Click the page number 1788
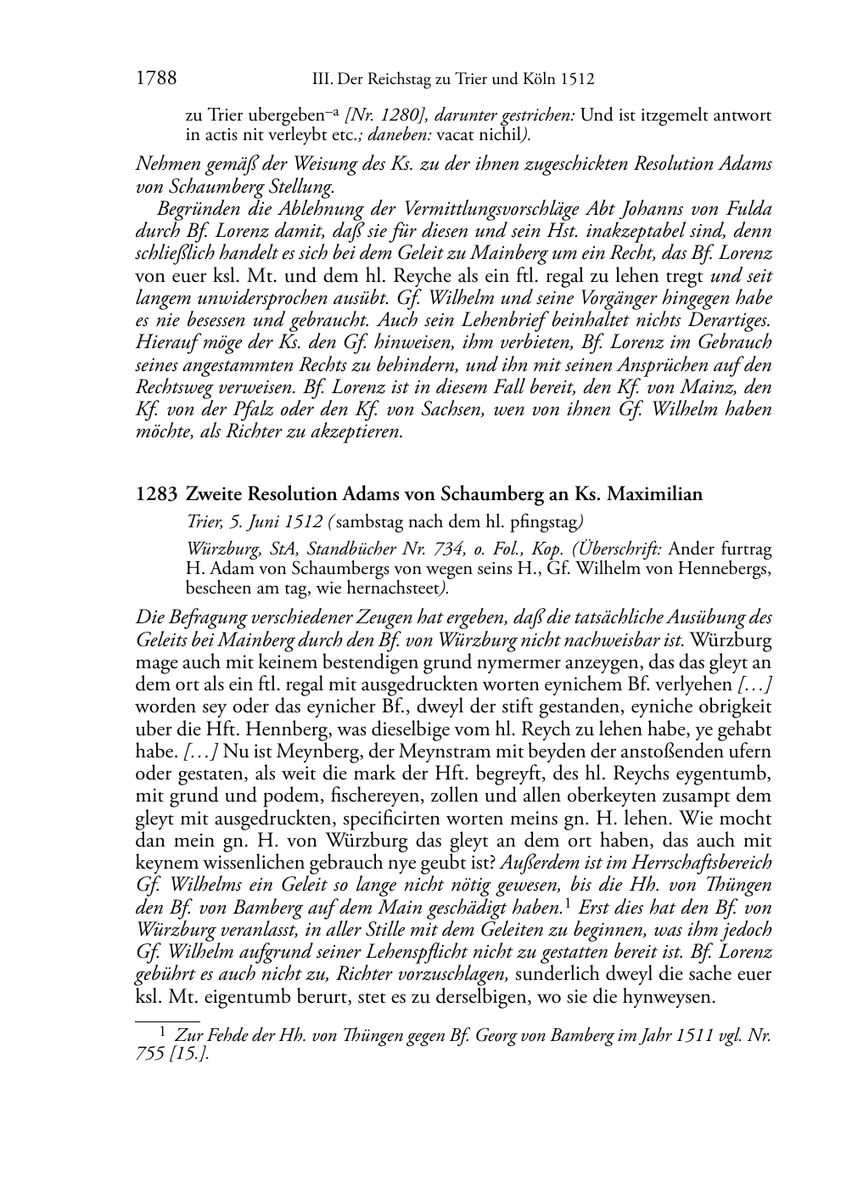pyautogui.click(x=156, y=80)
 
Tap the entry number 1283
pyautogui.click(x=156, y=494)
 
